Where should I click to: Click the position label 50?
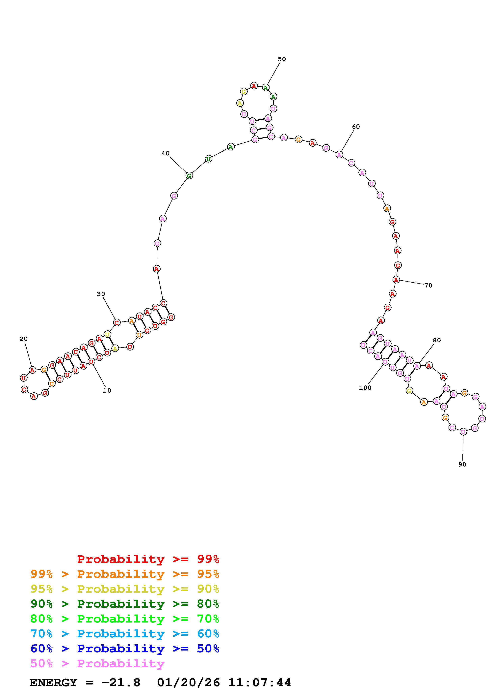click(x=282, y=59)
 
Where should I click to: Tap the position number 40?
click(x=166, y=154)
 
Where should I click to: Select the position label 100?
click(x=365, y=388)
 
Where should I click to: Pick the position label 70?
click(x=428, y=285)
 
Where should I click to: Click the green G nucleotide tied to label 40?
click(x=189, y=175)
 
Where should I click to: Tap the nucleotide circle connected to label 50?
click(x=266, y=88)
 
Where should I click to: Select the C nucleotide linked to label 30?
click(x=117, y=322)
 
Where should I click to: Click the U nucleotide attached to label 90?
click(x=463, y=431)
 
